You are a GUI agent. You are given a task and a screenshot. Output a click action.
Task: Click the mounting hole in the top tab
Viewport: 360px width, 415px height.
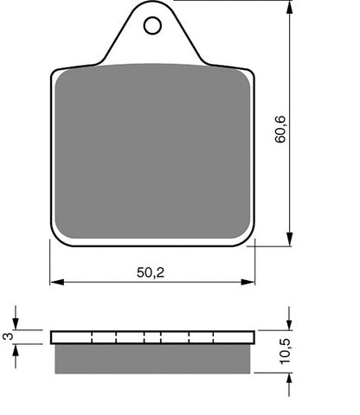[152, 27]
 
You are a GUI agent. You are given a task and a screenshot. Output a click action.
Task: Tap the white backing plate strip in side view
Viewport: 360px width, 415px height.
[152, 337]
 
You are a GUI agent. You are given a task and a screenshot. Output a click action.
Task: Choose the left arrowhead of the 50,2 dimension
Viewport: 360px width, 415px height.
[56, 281]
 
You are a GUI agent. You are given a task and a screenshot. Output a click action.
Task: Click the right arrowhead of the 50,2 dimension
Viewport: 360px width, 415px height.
[251, 281]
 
